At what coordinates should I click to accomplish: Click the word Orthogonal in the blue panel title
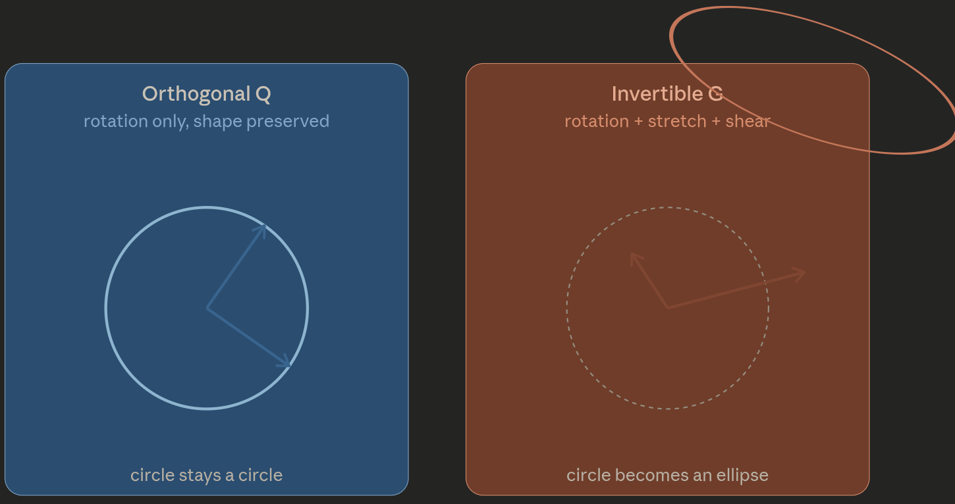[196, 94]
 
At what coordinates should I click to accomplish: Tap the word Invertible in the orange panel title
[657, 93]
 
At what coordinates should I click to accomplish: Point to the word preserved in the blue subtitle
[288, 122]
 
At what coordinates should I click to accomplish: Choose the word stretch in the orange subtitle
[677, 122]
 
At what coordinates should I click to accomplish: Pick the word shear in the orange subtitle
[748, 122]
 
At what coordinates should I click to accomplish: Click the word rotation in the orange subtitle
[597, 122]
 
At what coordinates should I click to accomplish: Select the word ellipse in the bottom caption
[742, 475]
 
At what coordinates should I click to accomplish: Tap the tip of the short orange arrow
[631, 253]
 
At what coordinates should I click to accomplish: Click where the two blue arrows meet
[207, 308]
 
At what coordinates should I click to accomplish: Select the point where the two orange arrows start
[668, 308]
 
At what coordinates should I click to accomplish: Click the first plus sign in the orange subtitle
[638, 122]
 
